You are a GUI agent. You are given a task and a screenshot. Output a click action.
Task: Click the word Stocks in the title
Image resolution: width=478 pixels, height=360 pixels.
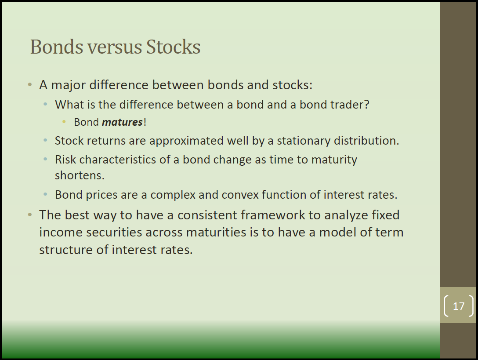click(173, 47)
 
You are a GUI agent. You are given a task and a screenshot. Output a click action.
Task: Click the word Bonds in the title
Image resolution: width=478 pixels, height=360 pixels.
click(57, 47)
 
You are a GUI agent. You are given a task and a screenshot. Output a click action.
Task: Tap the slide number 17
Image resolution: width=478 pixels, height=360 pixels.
click(459, 306)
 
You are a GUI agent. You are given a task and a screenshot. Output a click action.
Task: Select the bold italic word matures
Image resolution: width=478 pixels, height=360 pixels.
click(122, 122)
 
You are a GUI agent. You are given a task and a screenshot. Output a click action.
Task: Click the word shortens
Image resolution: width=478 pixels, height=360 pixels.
click(80, 175)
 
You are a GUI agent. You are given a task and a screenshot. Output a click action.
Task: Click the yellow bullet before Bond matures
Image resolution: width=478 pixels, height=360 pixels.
click(64, 122)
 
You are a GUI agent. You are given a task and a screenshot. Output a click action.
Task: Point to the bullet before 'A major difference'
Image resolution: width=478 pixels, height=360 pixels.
click(30, 84)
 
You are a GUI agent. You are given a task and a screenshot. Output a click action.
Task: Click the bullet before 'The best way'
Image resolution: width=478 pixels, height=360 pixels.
click(30, 215)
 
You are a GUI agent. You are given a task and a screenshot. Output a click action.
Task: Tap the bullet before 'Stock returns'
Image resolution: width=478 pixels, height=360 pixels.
click(45, 140)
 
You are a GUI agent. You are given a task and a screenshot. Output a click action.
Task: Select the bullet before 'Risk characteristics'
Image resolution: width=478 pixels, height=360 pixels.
click(45, 159)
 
